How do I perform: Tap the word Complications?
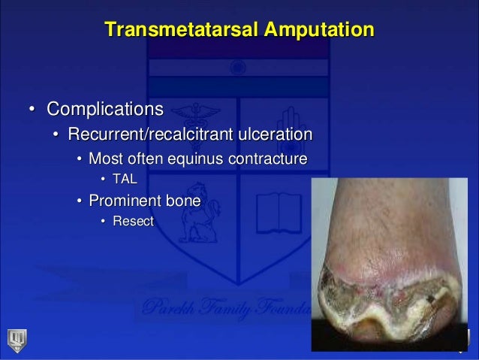tap(105, 110)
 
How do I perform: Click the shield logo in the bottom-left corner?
tap(16, 340)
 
